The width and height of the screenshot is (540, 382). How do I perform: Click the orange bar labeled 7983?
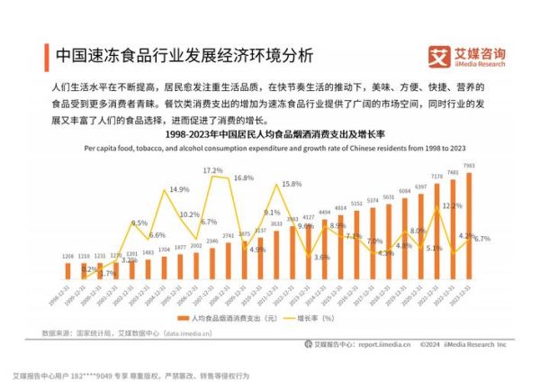click(468, 225)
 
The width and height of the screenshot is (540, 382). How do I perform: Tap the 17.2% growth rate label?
click(212, 170)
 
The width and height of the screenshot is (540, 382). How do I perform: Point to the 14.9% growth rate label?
click(179, 190)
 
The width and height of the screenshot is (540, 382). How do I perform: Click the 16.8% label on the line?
click(243, 178)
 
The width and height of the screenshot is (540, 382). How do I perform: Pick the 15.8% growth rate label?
click(292, 184)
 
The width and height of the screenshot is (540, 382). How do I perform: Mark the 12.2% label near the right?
click(452, 205)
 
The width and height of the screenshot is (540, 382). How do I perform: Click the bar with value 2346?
click(211, 262)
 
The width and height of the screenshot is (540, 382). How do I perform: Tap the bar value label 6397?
click(420, 186)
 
